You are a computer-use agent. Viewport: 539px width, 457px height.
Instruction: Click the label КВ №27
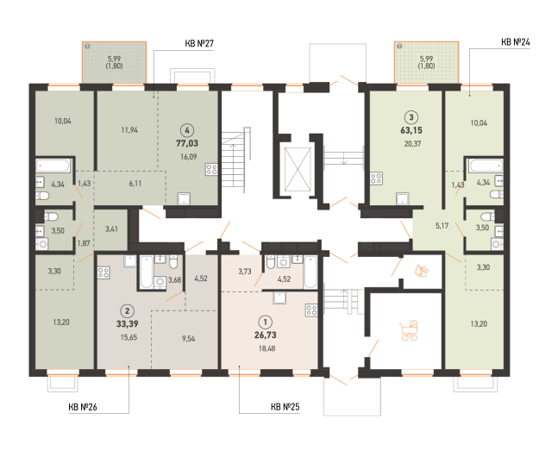(199, 44)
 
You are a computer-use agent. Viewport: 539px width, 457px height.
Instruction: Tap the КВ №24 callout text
(515, 42)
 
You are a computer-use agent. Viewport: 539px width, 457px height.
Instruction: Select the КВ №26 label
(83, 407)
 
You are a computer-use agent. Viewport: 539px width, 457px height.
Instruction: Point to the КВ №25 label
(285, 407)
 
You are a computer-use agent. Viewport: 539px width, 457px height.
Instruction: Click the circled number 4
(187, 130)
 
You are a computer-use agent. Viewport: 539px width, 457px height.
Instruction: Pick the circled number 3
(411, 117)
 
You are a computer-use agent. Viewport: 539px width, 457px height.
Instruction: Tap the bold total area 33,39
(127, 324)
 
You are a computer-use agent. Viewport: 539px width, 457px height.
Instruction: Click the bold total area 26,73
(266, 335)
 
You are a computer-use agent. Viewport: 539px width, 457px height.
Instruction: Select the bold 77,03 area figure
(187, 143)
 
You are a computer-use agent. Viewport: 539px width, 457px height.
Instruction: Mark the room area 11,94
(129, 130)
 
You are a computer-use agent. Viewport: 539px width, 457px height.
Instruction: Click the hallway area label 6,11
(135, 184)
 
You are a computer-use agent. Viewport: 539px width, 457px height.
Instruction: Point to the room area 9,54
(188, 339)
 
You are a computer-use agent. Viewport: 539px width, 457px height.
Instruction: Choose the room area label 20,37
(412, 144)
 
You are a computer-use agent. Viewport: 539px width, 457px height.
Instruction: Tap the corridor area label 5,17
(442, 226)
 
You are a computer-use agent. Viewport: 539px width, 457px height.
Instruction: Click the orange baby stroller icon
(409, 330)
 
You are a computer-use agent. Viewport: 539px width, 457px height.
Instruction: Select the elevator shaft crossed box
(298, 169)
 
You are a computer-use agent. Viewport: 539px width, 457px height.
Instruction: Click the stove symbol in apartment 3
(376, 178)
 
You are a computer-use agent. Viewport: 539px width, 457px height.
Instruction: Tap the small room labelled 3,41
(111, 228)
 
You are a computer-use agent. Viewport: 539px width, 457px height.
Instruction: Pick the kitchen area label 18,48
(266, 348)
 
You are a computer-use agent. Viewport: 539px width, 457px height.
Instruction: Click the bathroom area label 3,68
(174, 280)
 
